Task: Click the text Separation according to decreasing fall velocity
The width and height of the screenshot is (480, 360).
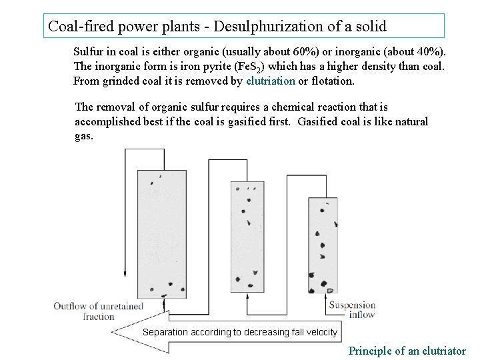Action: point(241,332)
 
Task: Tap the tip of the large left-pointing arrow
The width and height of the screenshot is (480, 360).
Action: point(113,331)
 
